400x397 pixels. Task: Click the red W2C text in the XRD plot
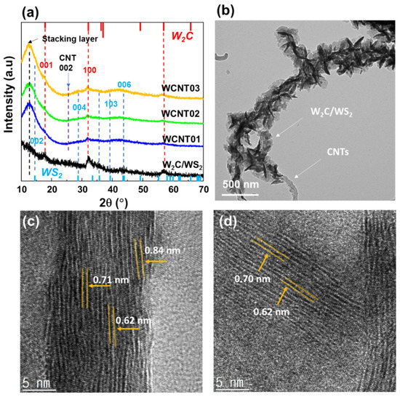pos(183,35)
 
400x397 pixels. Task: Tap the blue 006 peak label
pos(124,85)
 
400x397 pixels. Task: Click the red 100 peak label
pos(89,70)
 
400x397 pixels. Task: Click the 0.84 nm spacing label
pos(159,251)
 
